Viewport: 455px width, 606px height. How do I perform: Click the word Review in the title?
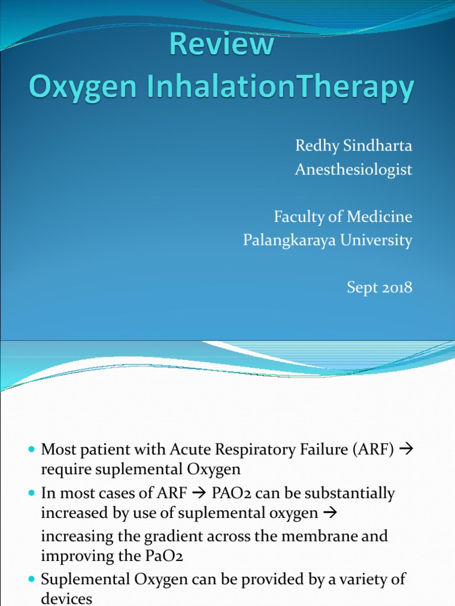point(231,46)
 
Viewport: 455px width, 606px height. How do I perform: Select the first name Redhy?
point(314,146)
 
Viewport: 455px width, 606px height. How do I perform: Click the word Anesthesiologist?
point(354,170)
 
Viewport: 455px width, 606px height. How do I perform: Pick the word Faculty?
point(297,217)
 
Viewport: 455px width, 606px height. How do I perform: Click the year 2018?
point(396,288)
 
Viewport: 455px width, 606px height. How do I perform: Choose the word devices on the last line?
point(66,598)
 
